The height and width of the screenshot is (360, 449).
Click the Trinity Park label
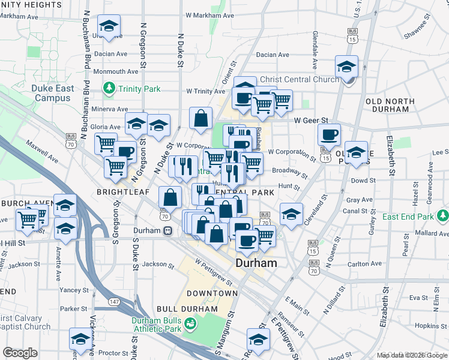pyautogui.click(x=139, y=89)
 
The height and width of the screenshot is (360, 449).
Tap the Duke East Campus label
pyautogui.click(x=53, y=93)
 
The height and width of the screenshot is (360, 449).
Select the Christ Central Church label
pyautogui.click(x=300, y=79)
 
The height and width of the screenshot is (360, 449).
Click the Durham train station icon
pyautogui.click(x=169, y=230)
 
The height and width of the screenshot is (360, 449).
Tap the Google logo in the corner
pyautogui.click(x=20, y=353)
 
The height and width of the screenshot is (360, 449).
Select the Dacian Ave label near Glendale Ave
pyautogui.click(x=275, y=55)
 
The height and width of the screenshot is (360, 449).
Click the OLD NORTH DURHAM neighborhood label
pyautogui.click(x=390, y=106)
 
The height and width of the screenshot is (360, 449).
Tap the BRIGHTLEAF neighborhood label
pyautogui.click(x=119, y=192)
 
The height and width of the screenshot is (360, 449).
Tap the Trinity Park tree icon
pyautogui.click(x=109, y=89)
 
